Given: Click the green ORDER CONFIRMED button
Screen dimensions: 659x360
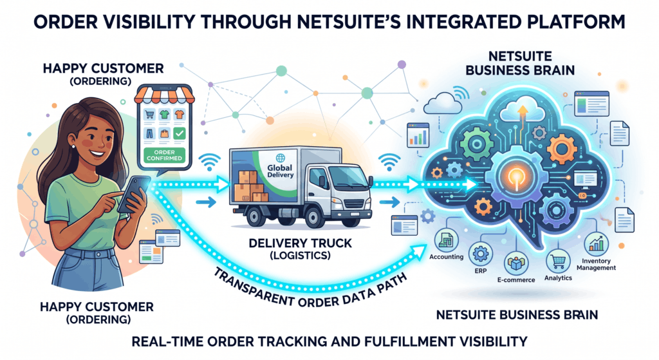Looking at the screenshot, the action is (x=164, y=155).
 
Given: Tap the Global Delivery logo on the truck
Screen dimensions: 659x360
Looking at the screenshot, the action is (x=280, y=167).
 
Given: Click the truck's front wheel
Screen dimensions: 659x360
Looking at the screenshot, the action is (x=314, y=217).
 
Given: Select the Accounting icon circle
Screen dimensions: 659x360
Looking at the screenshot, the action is (x=446, y=241).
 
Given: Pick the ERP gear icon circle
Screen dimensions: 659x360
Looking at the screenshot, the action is (x=480, y=254).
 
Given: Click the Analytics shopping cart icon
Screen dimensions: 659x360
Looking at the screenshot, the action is (x=558, y=261).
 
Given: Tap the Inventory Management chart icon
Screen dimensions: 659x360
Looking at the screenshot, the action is (x=596, y=244).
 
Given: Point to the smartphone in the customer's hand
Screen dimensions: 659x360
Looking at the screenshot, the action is (x=134, y=194).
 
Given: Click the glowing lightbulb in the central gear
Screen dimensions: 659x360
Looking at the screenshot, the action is (x=517, y=176).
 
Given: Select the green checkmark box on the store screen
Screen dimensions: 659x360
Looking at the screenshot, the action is (x=180, y=133).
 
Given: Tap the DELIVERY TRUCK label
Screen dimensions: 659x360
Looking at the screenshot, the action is (x=301, y=243).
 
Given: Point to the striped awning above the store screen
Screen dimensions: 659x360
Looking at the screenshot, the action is (x=164, y=95).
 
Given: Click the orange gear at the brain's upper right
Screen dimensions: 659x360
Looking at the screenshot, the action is (x=561, y=148).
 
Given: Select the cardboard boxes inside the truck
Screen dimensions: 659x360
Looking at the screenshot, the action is (x=250, y=187).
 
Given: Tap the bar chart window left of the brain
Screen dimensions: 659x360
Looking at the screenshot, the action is (x=418, y=135).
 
